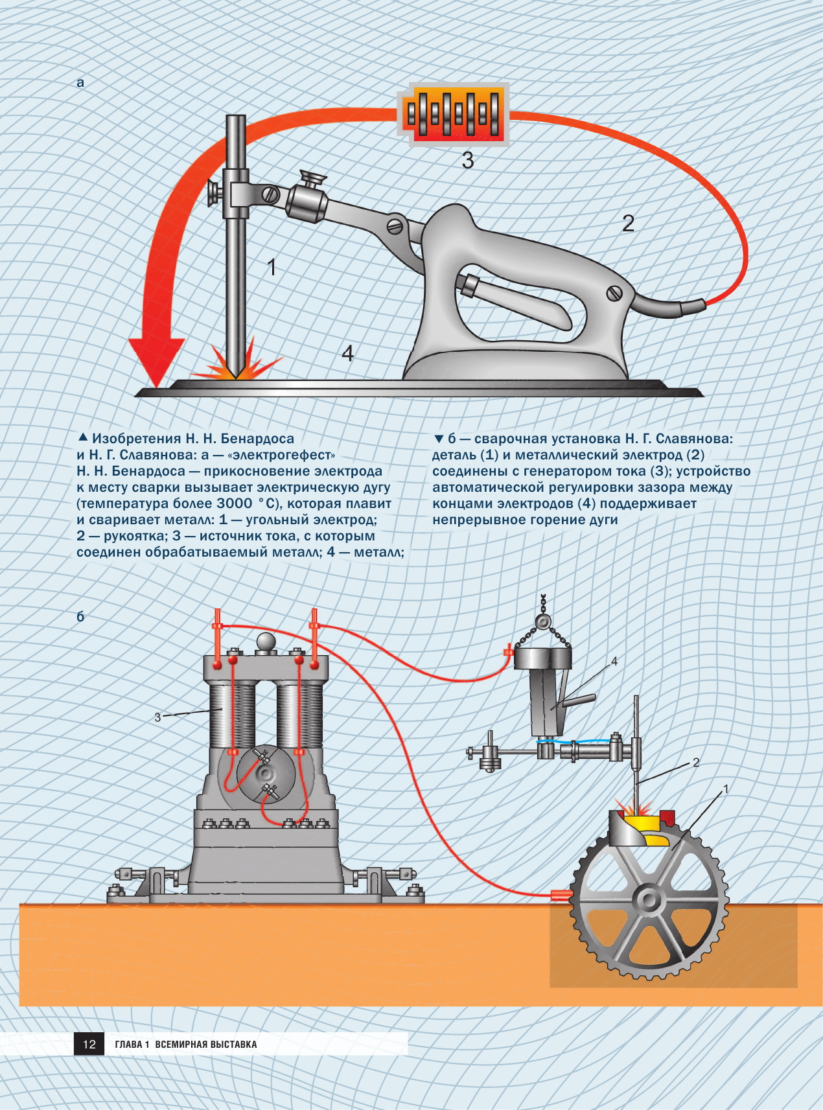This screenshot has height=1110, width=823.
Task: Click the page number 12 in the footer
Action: tap(89, 1044)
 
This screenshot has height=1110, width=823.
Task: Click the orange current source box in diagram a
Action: tap(453, 115)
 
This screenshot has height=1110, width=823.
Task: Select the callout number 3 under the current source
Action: tap(468, 160)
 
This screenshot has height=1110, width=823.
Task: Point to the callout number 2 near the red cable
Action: tap(628, 224)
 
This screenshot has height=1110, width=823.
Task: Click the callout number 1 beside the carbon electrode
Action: tap(272, 267)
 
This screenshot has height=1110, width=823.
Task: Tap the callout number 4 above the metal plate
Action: tap(347, 353)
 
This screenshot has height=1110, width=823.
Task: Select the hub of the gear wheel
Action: tap(648, 900)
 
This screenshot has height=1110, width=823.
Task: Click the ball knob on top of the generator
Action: tap(266, 642)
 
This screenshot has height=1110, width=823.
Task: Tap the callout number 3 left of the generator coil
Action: tap(157, 717)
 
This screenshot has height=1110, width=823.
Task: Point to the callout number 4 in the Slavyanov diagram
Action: tap(614, 661)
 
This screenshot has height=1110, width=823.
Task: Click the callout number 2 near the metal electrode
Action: tap(696, 763)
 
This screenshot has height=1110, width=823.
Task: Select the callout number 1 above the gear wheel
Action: tap(726, 789)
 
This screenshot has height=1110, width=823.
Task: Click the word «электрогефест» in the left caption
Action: tap(282, 455)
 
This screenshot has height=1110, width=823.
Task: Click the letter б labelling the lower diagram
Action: tap(80, 616)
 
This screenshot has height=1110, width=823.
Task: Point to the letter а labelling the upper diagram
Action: tap(80, 83)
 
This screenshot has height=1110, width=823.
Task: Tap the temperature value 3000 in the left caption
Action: tap(235, 503)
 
